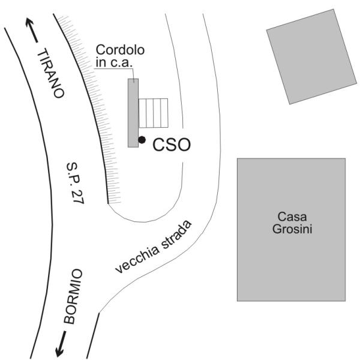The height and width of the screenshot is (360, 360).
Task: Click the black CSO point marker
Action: pos(142,140)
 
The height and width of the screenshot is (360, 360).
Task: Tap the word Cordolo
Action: pos(121,50)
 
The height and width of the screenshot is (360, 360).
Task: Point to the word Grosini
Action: pos(290,229)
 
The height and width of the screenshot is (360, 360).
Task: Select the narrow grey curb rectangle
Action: pos(133,112)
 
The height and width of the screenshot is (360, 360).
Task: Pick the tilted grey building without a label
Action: pos(310,56)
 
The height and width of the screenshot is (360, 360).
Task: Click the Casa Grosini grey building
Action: pos(290,264)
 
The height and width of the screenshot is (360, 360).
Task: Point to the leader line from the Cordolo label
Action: pos(114,71)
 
